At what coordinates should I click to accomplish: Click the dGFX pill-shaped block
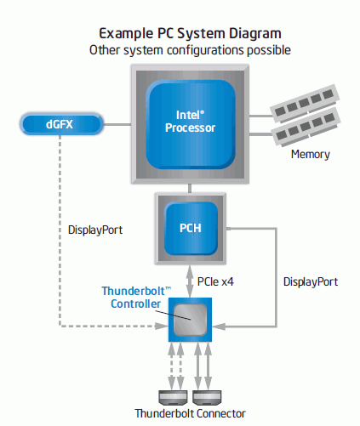click(61, 124)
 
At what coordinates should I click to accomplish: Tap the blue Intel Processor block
click(191, 124)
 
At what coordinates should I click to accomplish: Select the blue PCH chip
click(191, 228)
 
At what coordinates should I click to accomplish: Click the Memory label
click(311, 154)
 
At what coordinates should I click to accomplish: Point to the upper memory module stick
click(305, 103)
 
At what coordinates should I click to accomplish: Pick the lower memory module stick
click(306, 127)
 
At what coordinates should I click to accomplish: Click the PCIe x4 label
click(215, 281)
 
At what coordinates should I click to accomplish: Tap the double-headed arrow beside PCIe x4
click(190, 281)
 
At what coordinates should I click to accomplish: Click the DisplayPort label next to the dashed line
click(95, 230)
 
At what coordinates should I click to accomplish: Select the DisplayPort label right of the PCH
click(311, 281)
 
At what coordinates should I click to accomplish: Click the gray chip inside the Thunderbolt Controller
click(190, 320)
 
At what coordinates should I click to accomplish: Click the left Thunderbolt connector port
click(173, 397)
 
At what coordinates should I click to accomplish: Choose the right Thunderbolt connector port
click(207, 397)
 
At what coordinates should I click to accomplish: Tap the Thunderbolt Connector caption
click(190, 413)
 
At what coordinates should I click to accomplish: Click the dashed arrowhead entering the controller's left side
click(162, 326)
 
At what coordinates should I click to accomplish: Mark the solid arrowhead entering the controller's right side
click(219, 327)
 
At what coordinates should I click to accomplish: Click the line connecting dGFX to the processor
click(117, 124)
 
